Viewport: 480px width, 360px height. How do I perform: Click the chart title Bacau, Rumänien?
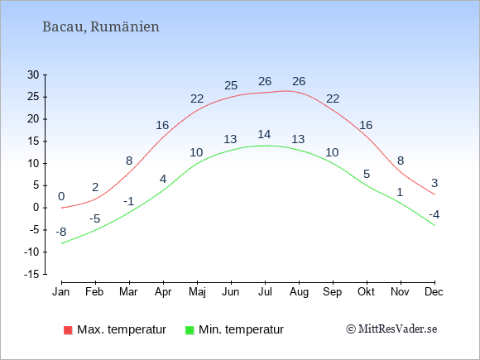tap(101, 27)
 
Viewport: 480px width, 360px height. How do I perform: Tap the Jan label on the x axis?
tap(61, 292)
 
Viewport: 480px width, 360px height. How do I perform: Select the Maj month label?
tap(197, 292)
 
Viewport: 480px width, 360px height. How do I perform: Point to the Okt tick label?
tap(366, 292)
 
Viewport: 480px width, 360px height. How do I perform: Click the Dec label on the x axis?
tap(434, 292)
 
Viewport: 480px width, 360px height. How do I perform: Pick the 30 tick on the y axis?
tap(33, 74)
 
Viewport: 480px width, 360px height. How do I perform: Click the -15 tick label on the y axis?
tap(31, 274)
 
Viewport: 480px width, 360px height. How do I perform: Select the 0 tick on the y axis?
tap(36, 208)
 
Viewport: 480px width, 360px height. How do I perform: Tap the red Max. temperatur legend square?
tap(68, 330)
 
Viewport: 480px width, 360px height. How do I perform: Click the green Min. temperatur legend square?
tap(190, 330)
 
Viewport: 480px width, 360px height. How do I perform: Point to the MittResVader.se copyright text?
tap(391, 329)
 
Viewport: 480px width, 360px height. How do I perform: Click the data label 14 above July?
tap(264, 134)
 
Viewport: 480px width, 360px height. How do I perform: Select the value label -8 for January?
tap(61, 232)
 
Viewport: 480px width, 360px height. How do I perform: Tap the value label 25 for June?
tap(231, 85)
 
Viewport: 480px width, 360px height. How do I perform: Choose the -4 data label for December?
tap(434, 214)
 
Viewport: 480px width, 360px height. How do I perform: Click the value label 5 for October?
tap(367, 174)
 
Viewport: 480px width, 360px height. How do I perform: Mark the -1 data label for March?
tap(128, 201)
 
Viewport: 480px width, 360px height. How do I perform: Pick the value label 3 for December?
tap(434, 183)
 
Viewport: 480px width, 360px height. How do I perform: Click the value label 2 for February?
tap(95, 187)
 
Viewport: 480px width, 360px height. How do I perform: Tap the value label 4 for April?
tap(163, 179)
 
